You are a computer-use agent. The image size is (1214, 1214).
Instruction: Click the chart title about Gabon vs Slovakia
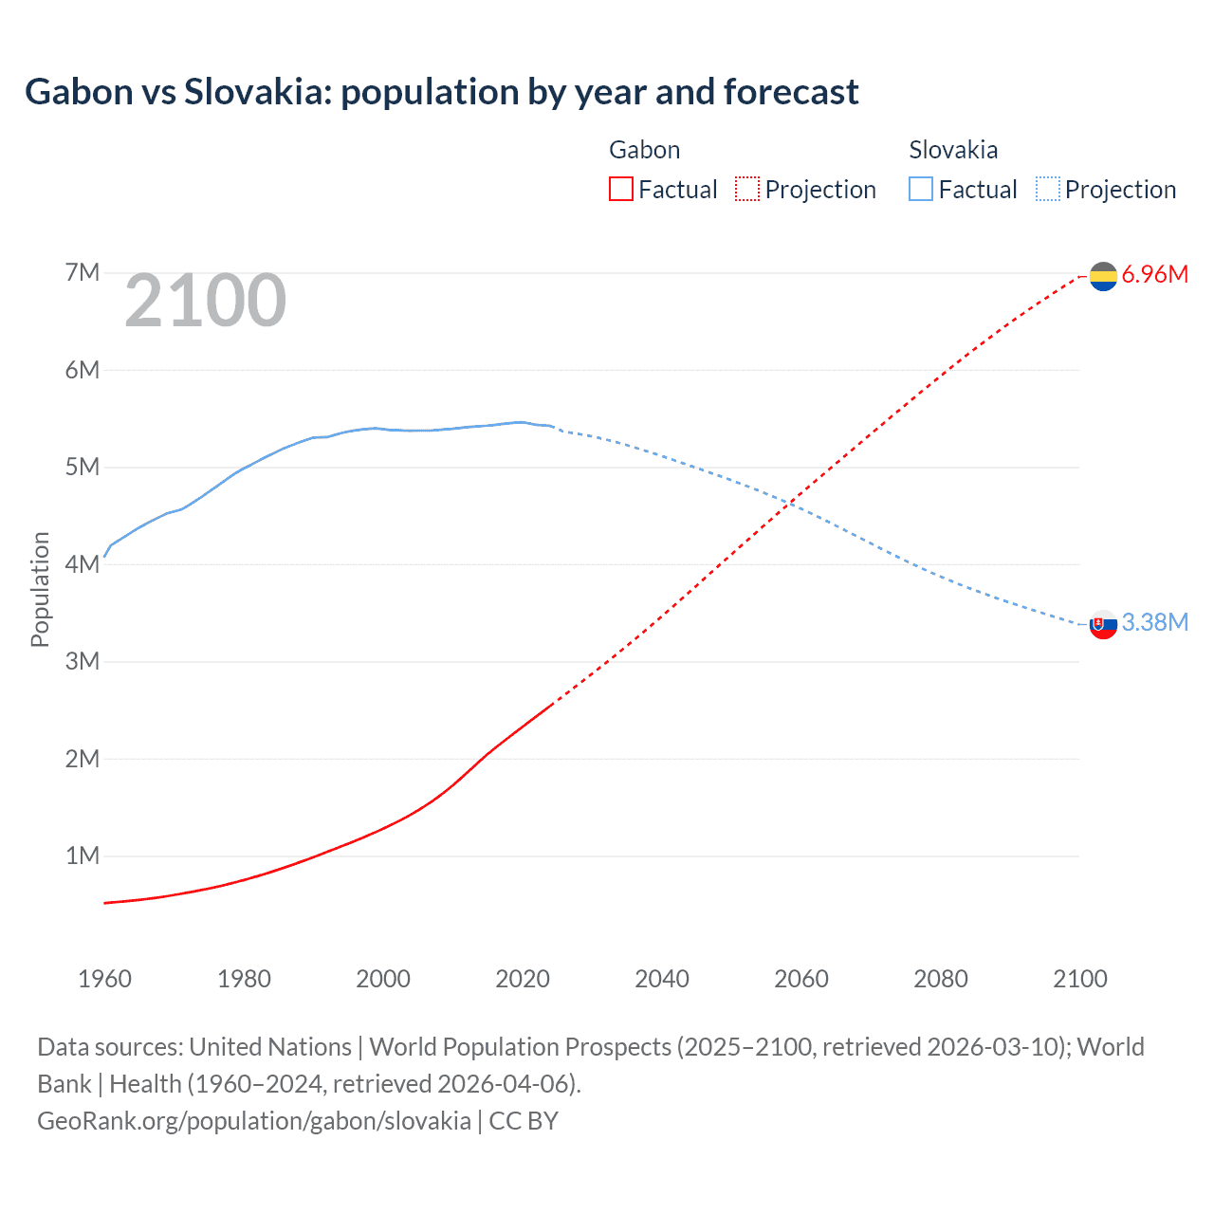[x=441, y=92]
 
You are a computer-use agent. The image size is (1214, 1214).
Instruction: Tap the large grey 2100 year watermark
[x=205, y=301]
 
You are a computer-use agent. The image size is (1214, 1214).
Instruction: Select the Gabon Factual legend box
[x=620, y=190]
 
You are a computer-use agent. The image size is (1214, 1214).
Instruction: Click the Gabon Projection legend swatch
[x=747, y=190]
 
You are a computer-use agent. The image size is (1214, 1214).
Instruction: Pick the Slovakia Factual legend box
[x=921, y=190]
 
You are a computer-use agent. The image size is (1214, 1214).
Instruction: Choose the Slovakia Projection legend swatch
[x=1048, y=190]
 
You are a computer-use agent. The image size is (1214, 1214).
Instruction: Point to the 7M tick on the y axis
[x=83, y=273]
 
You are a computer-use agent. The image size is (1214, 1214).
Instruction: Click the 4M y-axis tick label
[x=83, y=564]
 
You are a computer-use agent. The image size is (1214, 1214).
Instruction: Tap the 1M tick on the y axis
[x=83, y=855]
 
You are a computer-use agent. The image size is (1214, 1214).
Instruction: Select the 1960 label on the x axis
[x=104, y=979]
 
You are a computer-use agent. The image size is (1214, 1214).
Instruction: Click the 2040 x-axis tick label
[x=662, y=979]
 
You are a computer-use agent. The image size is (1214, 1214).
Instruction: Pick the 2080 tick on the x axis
[x=941, y=979]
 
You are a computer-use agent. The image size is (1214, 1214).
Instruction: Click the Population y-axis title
[x=40, y=589]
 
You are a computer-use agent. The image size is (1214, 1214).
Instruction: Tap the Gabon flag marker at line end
[x=1103, y=276]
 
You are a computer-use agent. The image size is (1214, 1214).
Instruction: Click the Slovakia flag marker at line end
[x=1103, y=624]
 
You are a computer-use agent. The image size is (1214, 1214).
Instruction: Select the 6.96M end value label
[x=1154, y=275]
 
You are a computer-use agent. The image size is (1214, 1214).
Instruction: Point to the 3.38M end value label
[x=1154, y=622]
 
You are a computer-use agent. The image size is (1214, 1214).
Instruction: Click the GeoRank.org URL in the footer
[x=254, y=1121]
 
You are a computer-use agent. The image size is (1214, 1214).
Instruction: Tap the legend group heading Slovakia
[x=953, y=150]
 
